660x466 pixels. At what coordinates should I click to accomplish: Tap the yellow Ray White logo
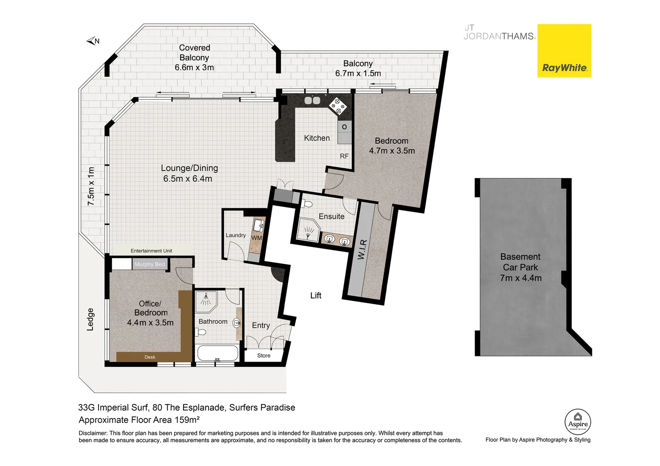point(564,51)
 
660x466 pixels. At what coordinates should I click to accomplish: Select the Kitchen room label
point(317,138)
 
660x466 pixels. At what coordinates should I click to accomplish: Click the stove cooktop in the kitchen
point(338,106)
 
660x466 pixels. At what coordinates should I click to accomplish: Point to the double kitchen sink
point(312,101)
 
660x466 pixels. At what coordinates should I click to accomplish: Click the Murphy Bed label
point(149,264)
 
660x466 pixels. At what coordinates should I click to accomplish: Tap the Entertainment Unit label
point(151,251)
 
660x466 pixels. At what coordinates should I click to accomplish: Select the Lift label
point(316,296)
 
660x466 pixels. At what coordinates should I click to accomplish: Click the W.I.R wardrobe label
point(362,249)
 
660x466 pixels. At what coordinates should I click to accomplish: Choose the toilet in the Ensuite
point(308,204)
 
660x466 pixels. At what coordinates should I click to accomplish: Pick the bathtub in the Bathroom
point(218,353)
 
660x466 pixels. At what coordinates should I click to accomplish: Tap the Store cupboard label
point(263,356)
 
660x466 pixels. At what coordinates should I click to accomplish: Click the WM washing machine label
point(257,238)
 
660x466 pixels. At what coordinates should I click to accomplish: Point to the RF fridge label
point(344,156)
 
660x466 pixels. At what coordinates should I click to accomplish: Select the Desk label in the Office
point(150,357)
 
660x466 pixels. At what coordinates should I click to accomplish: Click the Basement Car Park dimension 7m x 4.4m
point(520,278)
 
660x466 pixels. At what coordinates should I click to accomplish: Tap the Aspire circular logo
point(577,422)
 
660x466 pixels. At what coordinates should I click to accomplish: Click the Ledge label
point(90,319)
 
